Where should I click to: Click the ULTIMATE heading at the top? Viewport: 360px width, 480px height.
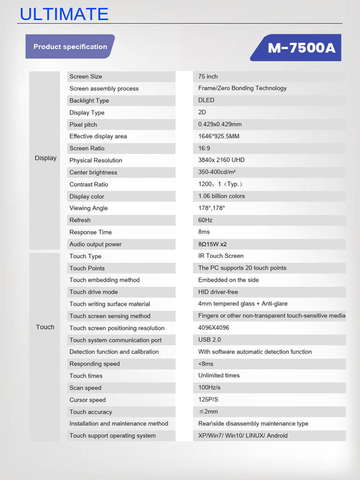click(64, 14)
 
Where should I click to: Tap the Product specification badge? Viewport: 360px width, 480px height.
click(70, 47)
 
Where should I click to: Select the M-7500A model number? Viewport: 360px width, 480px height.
click(301, 48)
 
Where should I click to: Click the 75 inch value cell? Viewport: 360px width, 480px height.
click(208, 76)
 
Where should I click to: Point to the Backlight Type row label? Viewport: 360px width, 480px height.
click(89, 100)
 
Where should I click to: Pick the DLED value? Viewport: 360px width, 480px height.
click(206, 100)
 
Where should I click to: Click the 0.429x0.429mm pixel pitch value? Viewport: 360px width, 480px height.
click(220, 124)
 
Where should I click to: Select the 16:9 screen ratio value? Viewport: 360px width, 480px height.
click(204, 148)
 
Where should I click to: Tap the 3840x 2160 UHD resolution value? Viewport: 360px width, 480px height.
click(221, 160)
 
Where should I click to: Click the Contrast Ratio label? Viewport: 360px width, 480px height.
click(89, 184)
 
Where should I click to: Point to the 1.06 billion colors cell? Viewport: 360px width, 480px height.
click(222, 196)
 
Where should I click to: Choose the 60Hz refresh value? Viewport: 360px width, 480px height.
click(205, 220)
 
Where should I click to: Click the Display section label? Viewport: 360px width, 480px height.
click(45, 158)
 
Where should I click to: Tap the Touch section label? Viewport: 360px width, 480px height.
click(45, 327)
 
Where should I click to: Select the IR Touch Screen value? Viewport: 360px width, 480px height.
click(221, 255)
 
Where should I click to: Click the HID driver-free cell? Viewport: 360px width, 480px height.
click(218, 292)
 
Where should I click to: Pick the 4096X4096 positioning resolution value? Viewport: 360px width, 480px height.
click(214, 328)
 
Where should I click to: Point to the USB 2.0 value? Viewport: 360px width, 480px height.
click(210, 339)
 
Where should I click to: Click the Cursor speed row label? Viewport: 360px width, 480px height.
click(88, 400)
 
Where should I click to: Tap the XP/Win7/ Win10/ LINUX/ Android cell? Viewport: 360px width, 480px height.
click(243, 435)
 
